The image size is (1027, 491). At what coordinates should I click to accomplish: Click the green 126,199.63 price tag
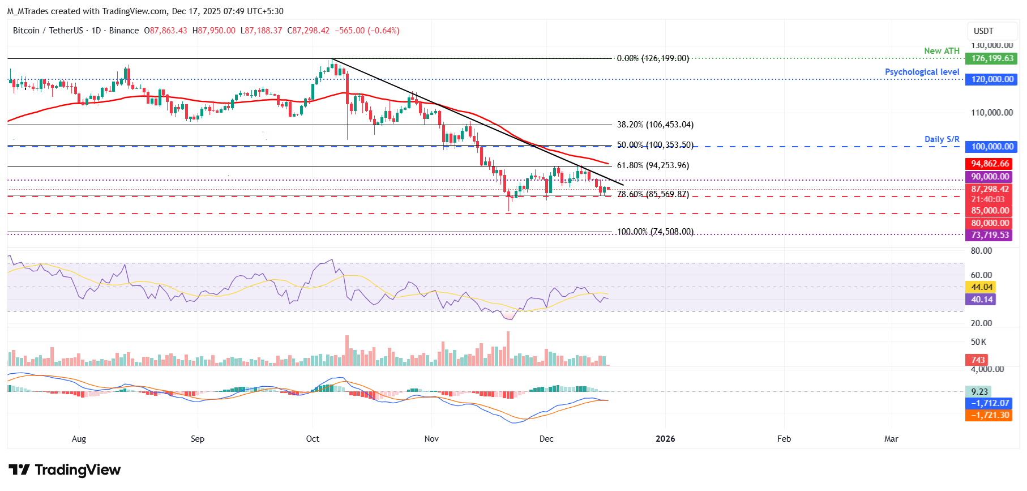pos(991,58)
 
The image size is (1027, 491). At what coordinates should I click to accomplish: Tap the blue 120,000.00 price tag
pos(991,79)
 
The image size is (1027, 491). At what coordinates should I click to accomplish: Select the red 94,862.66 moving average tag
pos(990,164)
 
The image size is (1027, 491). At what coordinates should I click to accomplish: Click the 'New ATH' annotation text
pos(942,51)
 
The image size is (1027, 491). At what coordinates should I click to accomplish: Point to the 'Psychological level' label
pos(922,72)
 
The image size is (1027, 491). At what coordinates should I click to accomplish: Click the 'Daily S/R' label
pos(942,139)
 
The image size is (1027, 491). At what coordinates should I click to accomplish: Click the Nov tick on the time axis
pos(431,439)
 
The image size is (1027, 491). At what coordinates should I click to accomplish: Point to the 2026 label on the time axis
pos(665,439)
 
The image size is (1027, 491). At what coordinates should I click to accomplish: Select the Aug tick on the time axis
pos(79,439)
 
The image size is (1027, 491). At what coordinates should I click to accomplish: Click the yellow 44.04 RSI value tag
pos(982,287)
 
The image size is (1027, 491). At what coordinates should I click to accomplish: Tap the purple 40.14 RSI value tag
pos(982,300)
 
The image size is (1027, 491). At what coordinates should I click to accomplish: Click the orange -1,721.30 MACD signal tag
pos(990,415)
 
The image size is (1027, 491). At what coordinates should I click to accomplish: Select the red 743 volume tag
pos(978,360)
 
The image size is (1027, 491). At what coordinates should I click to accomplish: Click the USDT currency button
pos(983,31)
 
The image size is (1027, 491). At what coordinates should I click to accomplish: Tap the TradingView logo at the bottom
pos(65,470)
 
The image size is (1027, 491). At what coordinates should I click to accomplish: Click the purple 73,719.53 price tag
pos(990,235)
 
